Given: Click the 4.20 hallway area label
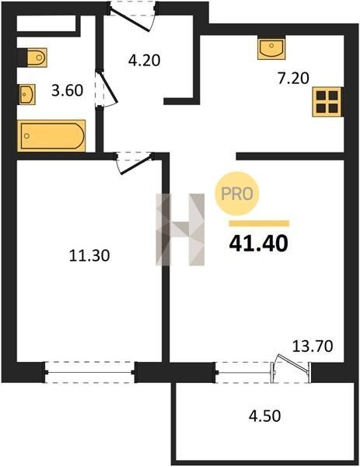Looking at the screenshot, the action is [145, 61].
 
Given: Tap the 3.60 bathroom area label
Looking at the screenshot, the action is [67, 90].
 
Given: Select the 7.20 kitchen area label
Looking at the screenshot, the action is [293, 79].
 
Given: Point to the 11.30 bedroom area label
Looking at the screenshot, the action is [89, 255].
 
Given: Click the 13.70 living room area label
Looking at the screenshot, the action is [313, 346].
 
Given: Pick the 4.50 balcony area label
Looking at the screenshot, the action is [265, 416].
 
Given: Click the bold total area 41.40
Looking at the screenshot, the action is [259, 244].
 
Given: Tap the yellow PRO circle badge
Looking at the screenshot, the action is [237, 194].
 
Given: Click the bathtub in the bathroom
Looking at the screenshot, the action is [51, 135].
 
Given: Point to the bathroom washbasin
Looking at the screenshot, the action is [27, 94].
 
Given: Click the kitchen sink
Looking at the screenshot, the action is [271, 47].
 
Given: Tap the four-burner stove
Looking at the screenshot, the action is [327, 102].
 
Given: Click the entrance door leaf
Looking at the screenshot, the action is [129, 20].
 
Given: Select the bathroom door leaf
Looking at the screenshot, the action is [108, 86].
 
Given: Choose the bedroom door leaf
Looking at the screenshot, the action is [136, 165].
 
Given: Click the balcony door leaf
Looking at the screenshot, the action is [293, 363].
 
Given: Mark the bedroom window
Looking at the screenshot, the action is [90, 372].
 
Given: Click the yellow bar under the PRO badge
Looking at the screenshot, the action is [259, 223].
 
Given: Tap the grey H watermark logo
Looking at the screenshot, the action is [180, 230].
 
